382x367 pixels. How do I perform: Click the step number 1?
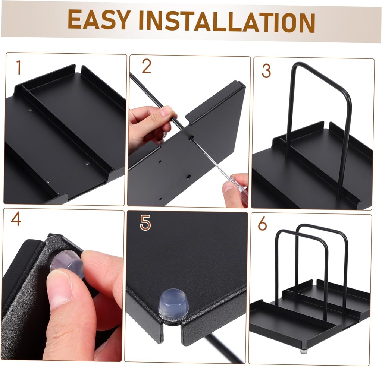tap(18, 68)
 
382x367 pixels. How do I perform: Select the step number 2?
tap(146, 66)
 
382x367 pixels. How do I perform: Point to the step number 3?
tap(266, 71)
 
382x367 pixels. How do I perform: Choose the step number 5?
tap(145, 223)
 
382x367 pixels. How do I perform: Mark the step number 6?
tap(262, 224)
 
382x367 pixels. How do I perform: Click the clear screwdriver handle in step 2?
tap(238, 186)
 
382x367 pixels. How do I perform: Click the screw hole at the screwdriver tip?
tap(191, 138)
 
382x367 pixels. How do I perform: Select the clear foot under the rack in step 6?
tap(304, 358)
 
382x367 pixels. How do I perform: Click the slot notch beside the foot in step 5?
tap(172, 333)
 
